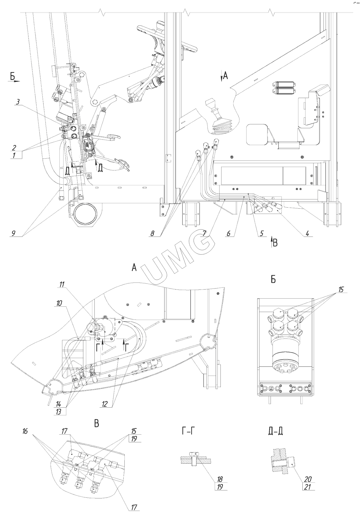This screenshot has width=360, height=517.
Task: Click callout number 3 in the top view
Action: [x=18, y=102]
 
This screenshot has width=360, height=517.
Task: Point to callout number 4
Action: [x=307, y=233]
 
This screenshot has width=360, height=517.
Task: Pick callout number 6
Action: [x=228, y=233]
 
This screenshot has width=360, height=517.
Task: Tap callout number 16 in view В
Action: [x=25, y=431]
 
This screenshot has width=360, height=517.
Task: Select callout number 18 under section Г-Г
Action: [x=220, y=479]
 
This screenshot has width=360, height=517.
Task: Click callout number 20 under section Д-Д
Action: [x=308, y=479]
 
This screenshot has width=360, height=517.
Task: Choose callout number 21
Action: [x=308, y=487]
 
